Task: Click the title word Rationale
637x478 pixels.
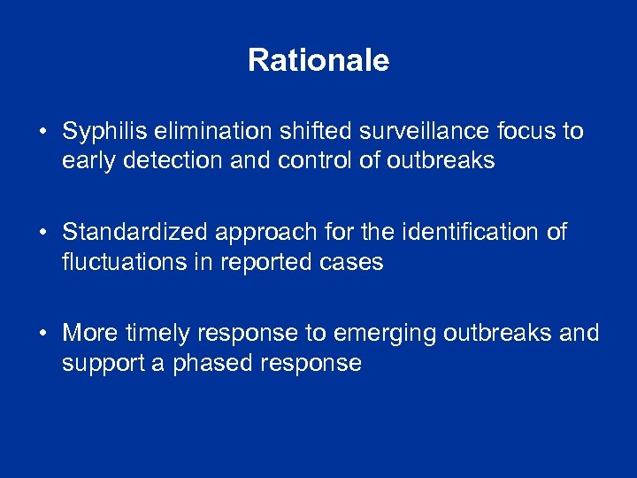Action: click(318, 60)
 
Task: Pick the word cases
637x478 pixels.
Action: click(356, 263)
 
